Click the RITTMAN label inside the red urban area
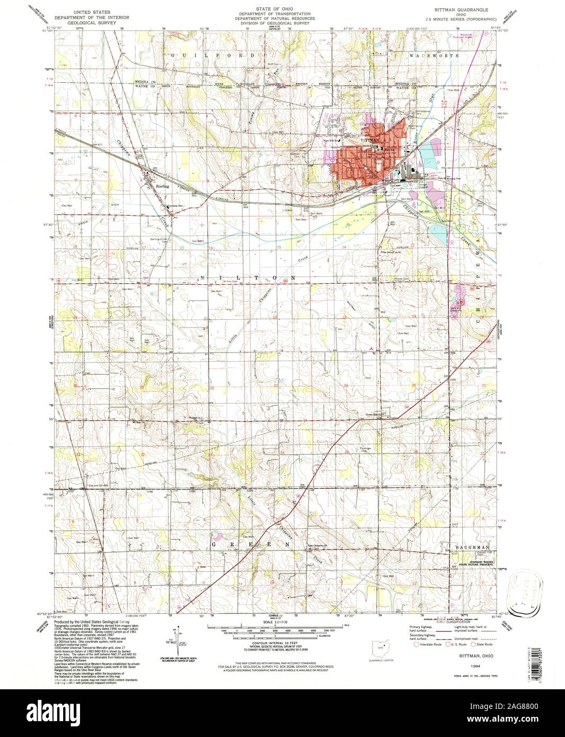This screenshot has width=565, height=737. pyautogui.click(x=369, y=139)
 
